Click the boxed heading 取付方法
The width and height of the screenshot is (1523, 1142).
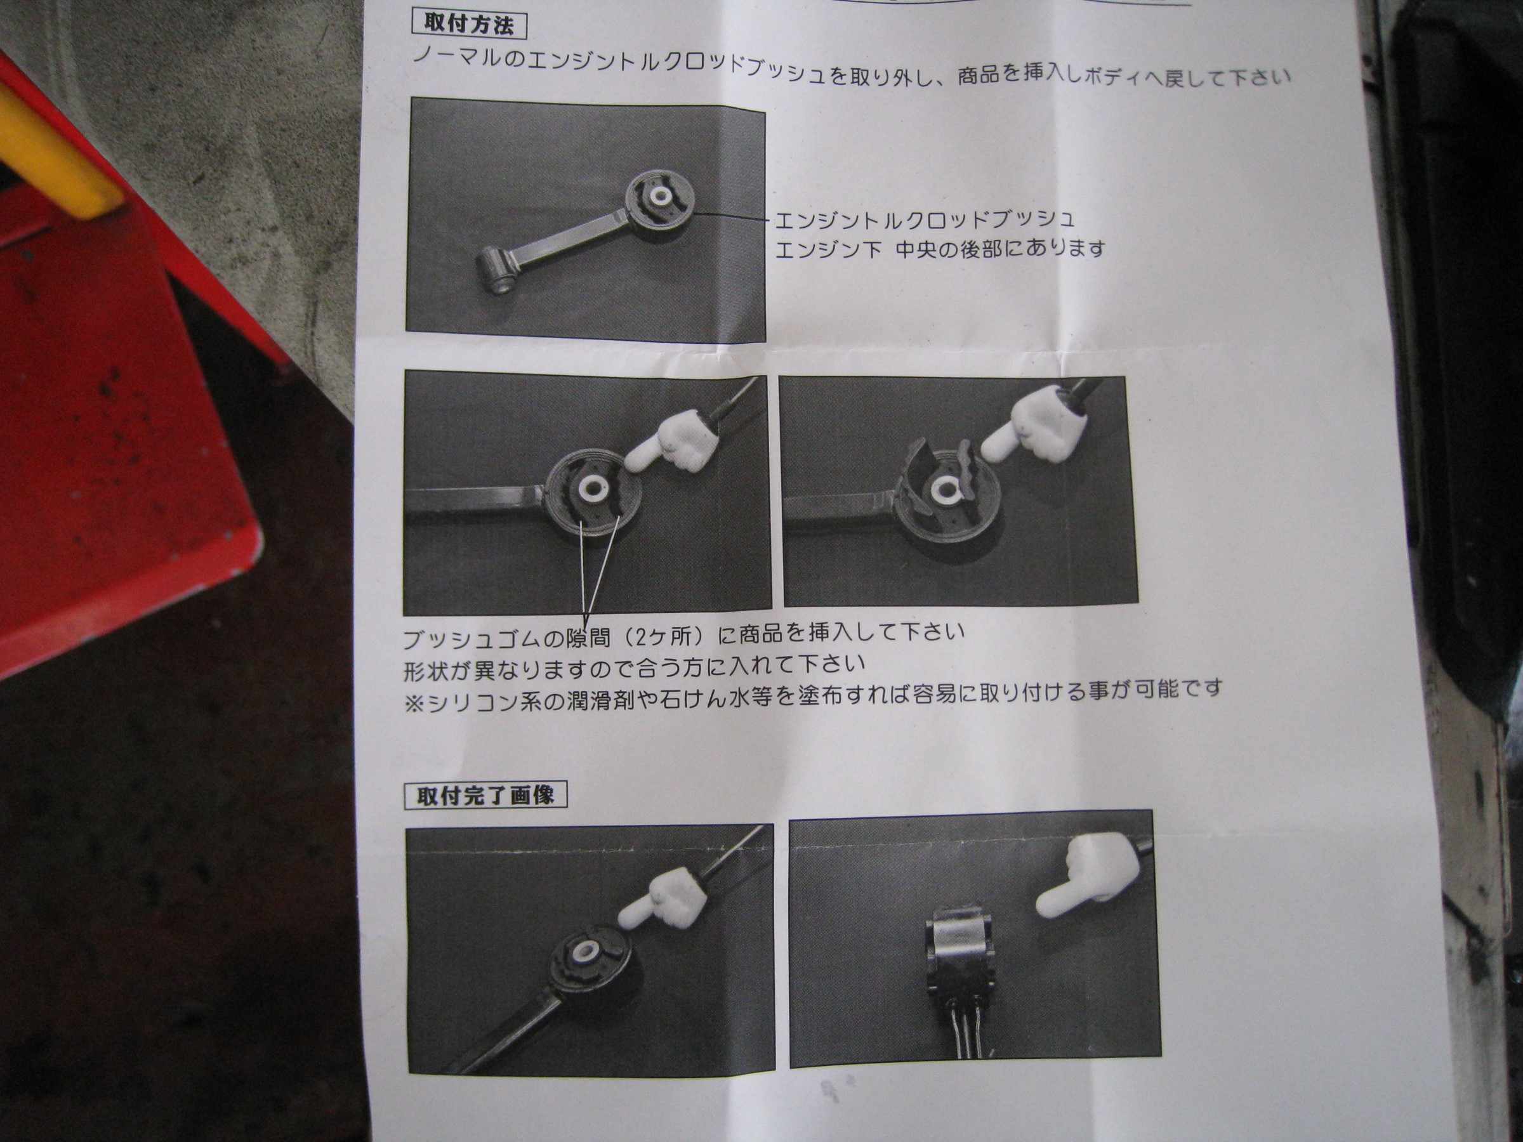(468, 25)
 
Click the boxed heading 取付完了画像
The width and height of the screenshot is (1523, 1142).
(485, 796)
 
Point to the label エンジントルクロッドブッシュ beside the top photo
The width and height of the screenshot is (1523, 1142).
(925, 220)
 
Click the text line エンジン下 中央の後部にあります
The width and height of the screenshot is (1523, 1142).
(940, 248)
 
